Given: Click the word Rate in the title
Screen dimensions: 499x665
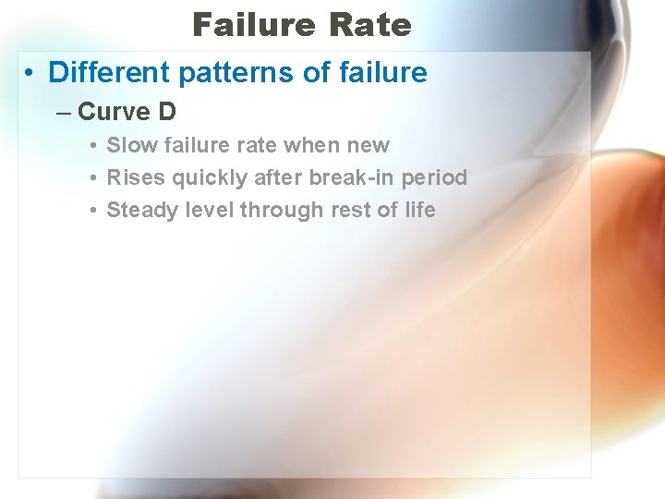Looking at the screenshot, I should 368,25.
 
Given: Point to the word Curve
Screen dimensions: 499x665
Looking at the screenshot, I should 114,112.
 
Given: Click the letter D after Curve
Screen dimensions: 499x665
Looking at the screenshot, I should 167,112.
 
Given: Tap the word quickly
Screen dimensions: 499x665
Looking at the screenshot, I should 202,177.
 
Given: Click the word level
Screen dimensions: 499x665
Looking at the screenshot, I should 210,210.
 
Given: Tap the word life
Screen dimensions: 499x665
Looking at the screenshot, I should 419,210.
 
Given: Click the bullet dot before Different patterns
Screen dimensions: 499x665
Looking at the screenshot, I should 31,73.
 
